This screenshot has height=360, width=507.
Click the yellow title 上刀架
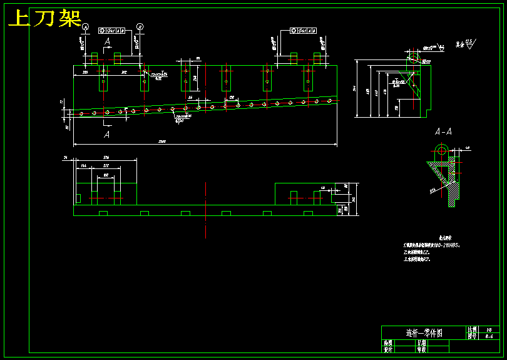coord(45,19)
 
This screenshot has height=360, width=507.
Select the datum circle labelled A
coord(86,26)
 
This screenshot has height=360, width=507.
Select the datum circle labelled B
coord(140,26)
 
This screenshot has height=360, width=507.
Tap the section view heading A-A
coord(444,132)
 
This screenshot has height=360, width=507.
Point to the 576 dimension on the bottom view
coord(106,158)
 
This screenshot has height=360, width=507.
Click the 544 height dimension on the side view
coord(354,89)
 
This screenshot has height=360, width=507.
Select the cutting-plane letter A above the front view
coord(108,42)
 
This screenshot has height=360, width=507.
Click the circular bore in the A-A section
coord(441,150)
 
